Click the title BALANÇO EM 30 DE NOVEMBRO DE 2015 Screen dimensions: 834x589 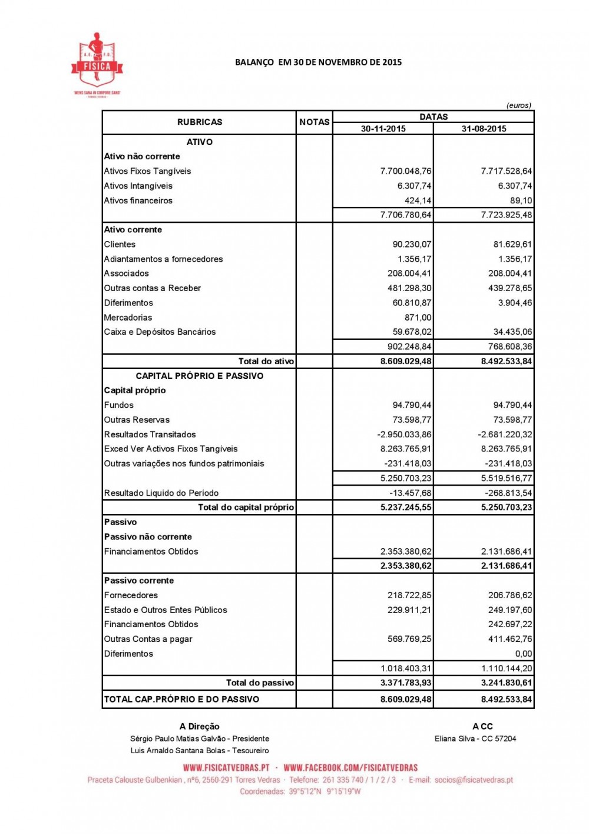(318, 62)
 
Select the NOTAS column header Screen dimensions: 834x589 (315, 122)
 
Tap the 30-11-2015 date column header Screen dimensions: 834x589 (383, 128)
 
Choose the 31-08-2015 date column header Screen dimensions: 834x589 (484, 128)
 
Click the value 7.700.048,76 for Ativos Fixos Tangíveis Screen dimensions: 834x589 (406, 171)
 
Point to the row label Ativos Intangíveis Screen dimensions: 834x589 (138, 186)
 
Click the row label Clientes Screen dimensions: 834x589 (120, 244)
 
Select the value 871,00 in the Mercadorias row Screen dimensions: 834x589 (418, 317)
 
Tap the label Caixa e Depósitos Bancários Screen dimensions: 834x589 (160, 332)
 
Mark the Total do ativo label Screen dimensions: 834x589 (266, 361)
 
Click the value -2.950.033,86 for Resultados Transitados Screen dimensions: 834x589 (404, 434)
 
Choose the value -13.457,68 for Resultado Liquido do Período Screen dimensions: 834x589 (410, 493)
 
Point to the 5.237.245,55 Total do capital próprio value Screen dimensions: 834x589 (406, 507)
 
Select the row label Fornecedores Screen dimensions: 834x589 (131, 595)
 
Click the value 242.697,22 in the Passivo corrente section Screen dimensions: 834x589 (509, 624)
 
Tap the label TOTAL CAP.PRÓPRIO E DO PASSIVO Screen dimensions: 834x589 (181, 699)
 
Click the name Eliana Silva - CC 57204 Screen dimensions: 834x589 (475, 739)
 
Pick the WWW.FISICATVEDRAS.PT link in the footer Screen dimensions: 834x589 (226, 767)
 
